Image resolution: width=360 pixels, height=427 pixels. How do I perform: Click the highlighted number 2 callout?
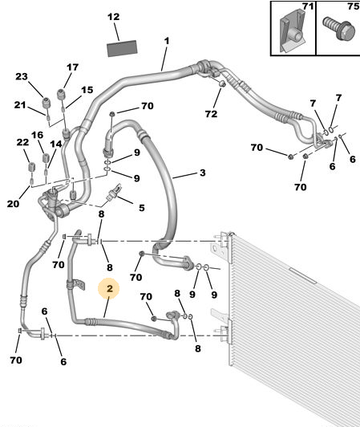pos(109,288)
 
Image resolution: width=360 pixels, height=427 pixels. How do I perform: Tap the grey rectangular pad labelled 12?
pos(122,48)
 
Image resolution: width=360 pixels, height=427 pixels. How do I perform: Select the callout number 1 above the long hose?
pos(167,41)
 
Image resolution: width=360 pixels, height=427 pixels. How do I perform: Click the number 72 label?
pos(211,114)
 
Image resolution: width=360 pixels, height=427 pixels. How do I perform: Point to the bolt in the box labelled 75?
pos(340,29)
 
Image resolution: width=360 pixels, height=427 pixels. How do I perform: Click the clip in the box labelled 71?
pos(293,31)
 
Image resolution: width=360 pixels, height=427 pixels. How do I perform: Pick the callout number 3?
pos(202,173)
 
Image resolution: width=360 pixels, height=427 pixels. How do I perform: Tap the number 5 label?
pos(141,208)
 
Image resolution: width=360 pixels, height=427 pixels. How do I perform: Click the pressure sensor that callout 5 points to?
pos(115,193)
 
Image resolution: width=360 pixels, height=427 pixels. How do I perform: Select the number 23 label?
pos(22,76)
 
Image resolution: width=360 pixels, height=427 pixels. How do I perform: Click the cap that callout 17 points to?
pos(61,95)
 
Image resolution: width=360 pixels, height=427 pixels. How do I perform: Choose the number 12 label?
pos(114,17)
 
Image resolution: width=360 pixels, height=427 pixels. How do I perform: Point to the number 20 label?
pos(13,203)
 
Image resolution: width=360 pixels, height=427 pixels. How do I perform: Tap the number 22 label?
pos(22,142)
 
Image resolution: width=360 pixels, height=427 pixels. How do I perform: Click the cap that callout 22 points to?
pos(32,167)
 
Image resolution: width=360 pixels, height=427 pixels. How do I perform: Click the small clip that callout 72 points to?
pos(222,83)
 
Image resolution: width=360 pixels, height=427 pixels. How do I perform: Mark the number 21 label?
pos(20,105)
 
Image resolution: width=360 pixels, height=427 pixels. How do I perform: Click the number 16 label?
pos(37,135)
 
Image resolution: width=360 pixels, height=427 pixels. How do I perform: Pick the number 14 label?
pos(56,144)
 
